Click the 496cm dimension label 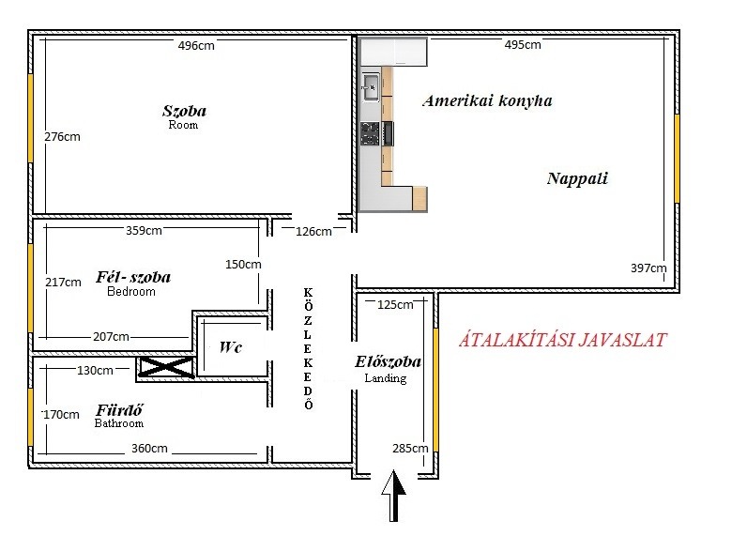(196, 46)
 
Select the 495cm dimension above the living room (523, 45)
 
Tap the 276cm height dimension (62, 137)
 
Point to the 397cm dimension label (648, 268)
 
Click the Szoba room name (184, 111)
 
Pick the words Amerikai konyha (487, 100)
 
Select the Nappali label (577, 178)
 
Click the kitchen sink (371, 87)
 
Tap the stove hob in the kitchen (370, 133)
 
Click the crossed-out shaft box (166, 367)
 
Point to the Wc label (231, 347)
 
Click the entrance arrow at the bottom (393, 496)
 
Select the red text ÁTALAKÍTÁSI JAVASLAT (563, 340)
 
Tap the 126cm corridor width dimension (313, 231)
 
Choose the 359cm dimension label (144, 231)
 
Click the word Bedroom (131, 291)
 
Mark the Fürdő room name (119, 410)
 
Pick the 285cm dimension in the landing (410, 448)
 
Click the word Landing (386, 378)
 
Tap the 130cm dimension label (95, 370)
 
